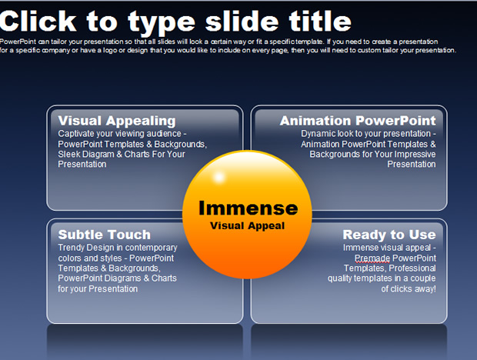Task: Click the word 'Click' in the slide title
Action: [x=38, y=22]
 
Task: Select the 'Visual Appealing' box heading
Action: [x=117, y=121]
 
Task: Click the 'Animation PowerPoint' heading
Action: [x=358, y=121]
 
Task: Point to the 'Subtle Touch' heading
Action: [x=105, y=235]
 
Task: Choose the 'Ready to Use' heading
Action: [x=389, y=235]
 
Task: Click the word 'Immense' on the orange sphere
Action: [x=249, y=208]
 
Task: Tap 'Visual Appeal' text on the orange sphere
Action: [x=247, y=226]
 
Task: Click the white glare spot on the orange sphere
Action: [x=218, y=177]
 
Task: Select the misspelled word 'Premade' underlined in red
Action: [x=372, y=258]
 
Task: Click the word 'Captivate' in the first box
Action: [x=76, y=134]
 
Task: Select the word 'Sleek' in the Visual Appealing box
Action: [x=67, y=154]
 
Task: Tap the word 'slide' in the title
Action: [x=242, y=22]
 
